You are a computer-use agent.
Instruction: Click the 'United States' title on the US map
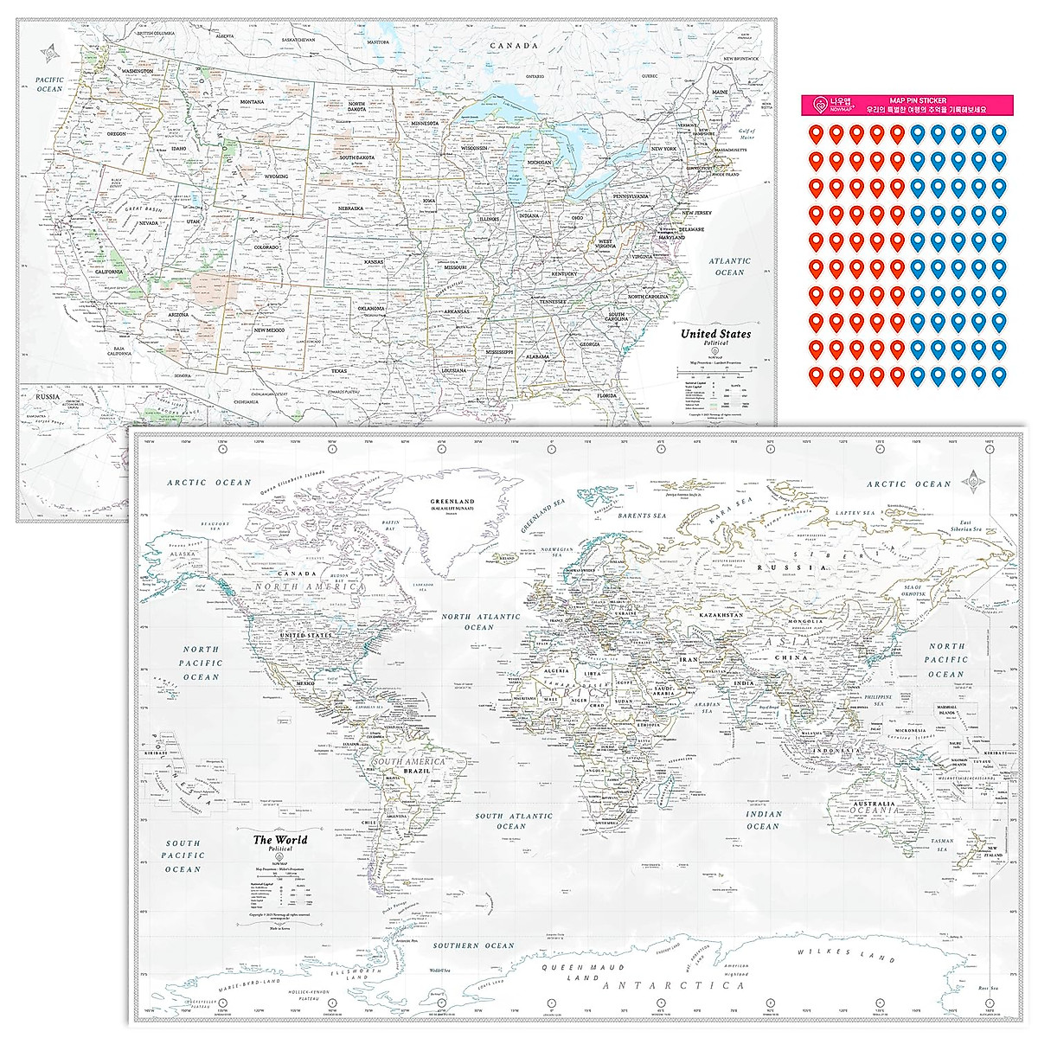coord(715,334)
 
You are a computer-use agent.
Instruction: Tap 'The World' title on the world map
coord(279,839)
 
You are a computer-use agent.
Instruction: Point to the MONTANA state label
coord(252,102)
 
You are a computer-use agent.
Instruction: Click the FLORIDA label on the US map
coord(605,396)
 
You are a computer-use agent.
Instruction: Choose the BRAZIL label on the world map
coord(429,770)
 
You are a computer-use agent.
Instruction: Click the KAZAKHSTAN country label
coord(721,615)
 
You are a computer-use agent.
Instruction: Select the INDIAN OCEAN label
coord(763,820)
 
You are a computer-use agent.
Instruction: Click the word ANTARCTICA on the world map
coord(675,985)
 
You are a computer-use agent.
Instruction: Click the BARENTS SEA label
coord(641,516)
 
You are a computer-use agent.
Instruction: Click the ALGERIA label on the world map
coord(554,670)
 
